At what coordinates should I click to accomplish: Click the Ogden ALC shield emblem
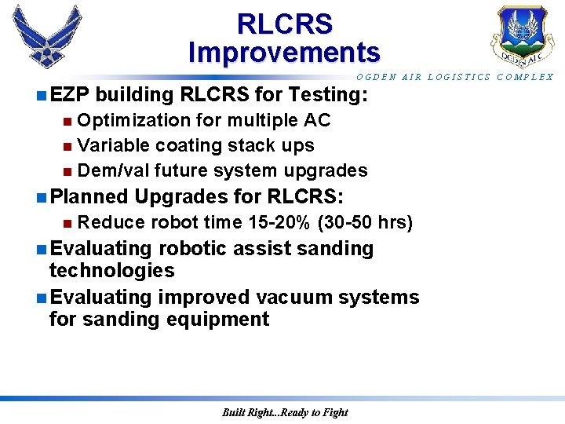pyautogui.click(x=519, y=36)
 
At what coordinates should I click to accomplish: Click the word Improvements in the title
pyautogui.click(x=284, y=53)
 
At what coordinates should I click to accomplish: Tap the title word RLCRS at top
pyautogui.click(x=284, y=24)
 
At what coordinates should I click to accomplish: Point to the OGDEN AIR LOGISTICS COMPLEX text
pyautogui.click(x=455, y=77)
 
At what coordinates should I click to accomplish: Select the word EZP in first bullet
pyautogui.click(x=69, y=95)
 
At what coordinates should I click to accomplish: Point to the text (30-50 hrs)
pyautogui.click(x=365, y=222)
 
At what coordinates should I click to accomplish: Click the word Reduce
pyautogui.click(x=111, y=222)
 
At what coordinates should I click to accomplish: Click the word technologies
pyautogui.click(x=111, y=271)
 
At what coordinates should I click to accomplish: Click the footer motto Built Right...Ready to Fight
pyautogui.click(x=284, y=412)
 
